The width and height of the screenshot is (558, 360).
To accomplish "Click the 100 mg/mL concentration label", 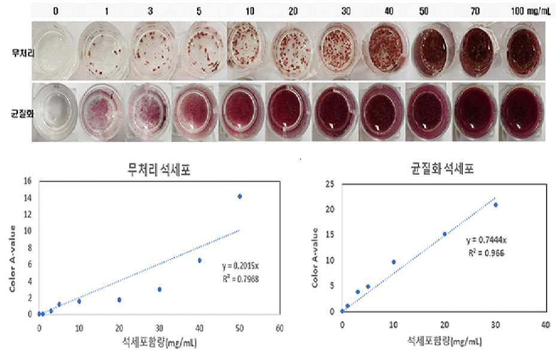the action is (x=530, y=11).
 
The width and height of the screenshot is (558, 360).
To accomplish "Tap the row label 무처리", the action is (x=23, y=53).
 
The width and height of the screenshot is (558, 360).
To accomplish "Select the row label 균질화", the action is (x=22, y=114).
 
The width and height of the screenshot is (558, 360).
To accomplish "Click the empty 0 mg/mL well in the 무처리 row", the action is (x=55, y=50).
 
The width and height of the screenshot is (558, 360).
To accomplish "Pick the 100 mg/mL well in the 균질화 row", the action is (x=521, y=111).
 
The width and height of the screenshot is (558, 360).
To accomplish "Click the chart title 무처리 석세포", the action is (x=159, y=170).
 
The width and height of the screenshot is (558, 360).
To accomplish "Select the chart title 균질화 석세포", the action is (x=442, y=168).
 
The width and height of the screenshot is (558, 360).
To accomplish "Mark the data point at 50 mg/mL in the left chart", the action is (x=240, y=196).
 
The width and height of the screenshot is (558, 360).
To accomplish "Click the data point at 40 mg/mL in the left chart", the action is (x=199, y=261).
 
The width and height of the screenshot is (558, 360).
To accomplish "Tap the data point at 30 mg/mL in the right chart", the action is (x=495, y=205).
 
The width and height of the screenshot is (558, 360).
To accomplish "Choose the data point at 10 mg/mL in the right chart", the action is (x=393, y=262).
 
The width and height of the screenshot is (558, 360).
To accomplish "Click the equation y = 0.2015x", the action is (x=240, y=266).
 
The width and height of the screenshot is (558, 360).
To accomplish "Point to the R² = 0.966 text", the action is (x=486, y=253).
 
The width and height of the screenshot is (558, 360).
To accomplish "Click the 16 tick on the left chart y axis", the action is (x=28, y=181).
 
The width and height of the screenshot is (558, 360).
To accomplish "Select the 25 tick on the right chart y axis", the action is (x=330, y=184).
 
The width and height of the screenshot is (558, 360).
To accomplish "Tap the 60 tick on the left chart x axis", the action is (x=280, y=328).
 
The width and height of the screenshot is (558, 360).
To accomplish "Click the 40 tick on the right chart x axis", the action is (x=546, y=325).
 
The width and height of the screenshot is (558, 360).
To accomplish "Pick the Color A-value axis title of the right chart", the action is (x=314, y=258).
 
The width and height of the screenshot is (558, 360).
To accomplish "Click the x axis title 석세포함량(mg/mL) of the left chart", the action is (x=159, y=343).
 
